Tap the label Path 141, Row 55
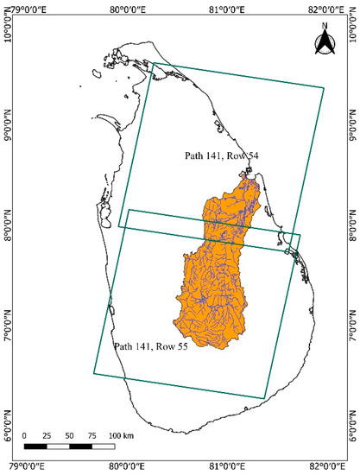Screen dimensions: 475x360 [x=152, y=345]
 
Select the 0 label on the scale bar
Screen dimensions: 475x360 [x=25, y=434]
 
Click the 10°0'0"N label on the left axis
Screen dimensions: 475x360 [x=7, y=32]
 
